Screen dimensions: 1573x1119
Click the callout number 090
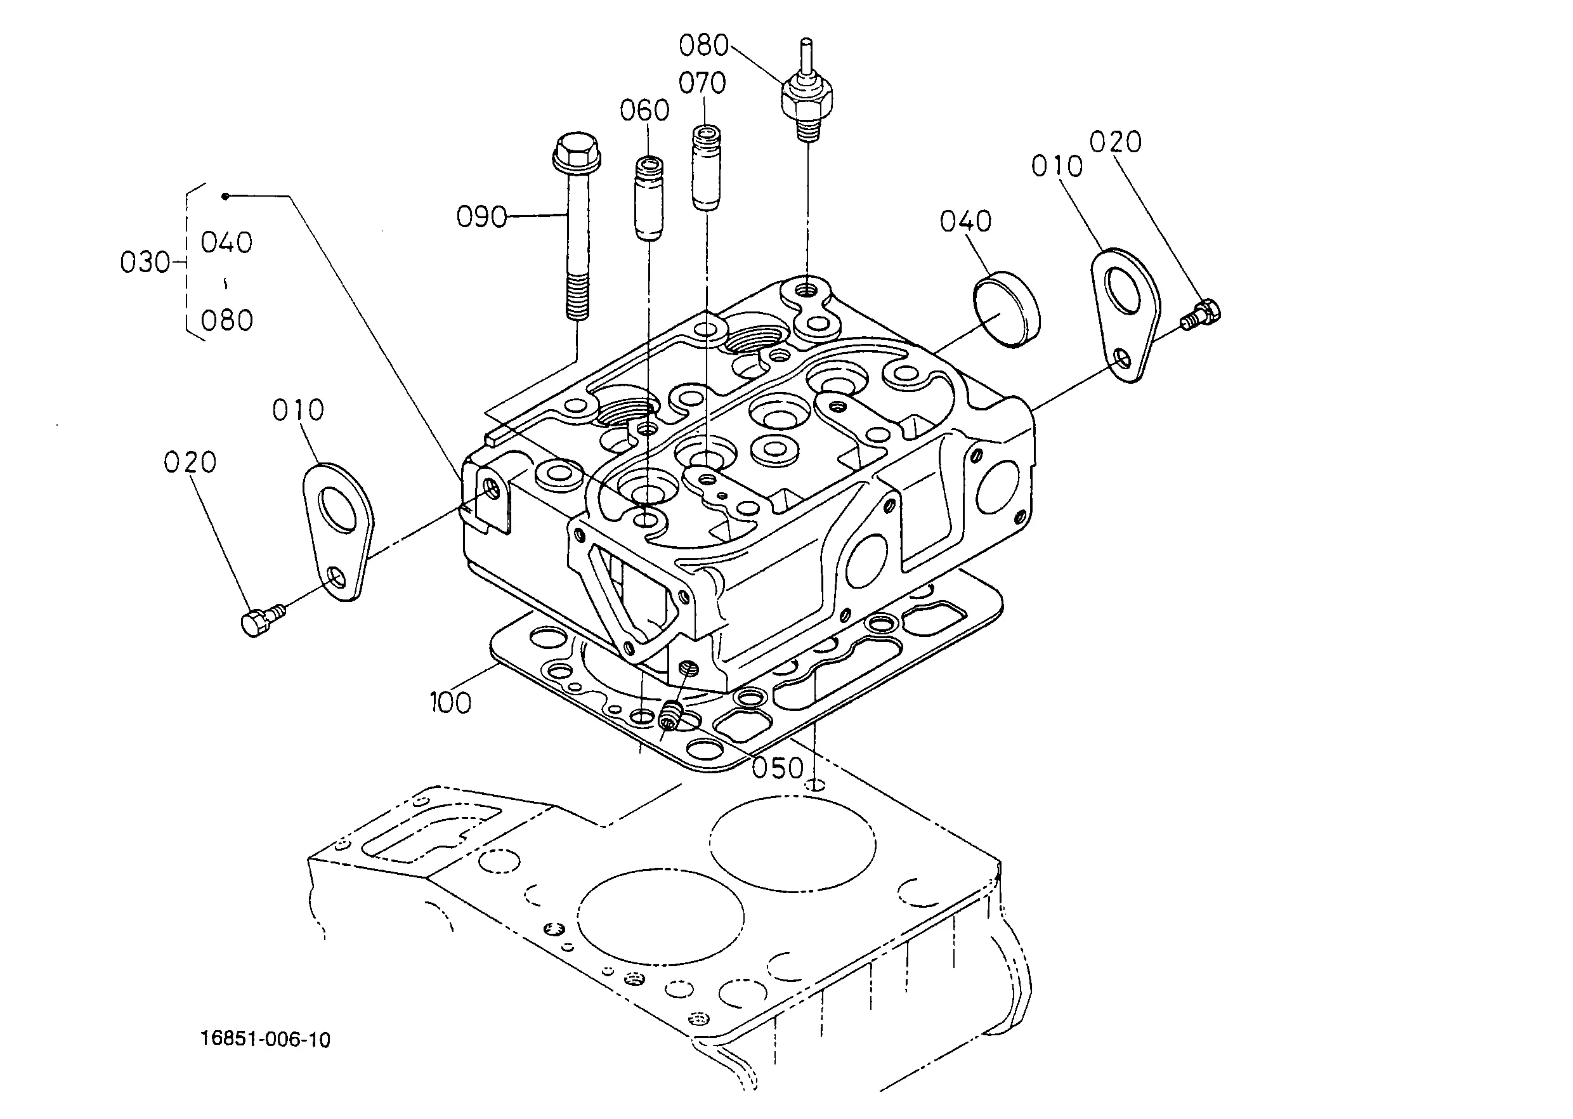pyautogui.click(x=481, y=217)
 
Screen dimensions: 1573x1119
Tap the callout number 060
pyautogui.click(x=644, y=110)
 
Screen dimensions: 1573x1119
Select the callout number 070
pyautogui.click(x=702, y=83)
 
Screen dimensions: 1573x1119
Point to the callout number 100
pyautogui.click(x=450, y=703)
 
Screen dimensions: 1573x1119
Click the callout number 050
pyautogui.click(x=777, y=768)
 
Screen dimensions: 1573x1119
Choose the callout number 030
pyautogui.click(x=145, y=263)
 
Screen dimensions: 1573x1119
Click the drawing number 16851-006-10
pyautogui.click(x=265, y=1040)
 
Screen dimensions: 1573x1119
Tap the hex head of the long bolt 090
pyautogui.click(x=577, y=152)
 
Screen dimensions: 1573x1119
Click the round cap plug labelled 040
pyautogui.click(x=1007, y=310)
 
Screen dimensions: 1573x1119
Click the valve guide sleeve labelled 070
pyautogui.click(x=706, y=167)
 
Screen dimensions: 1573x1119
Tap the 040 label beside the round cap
pyautogui.click(x=965, y=221)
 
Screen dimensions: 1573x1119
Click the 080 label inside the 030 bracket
pyautogui.click(x=226, y=320)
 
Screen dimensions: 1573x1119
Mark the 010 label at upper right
pyautogui.click(x=1057, y=166)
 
